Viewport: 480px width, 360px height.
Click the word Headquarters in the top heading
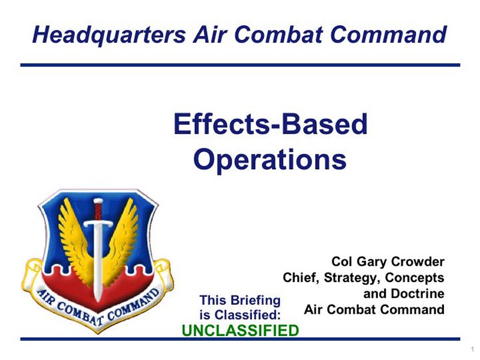109,35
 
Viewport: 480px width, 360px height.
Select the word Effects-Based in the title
271,124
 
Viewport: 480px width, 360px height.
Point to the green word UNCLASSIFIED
241,331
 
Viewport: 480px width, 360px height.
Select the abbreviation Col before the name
342,262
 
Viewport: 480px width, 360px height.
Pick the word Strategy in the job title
352,278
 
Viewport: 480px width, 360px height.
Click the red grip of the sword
98,211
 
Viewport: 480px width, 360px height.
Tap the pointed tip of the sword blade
98,302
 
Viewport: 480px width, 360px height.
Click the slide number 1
472,349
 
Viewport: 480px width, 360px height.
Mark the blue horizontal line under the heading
241,65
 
